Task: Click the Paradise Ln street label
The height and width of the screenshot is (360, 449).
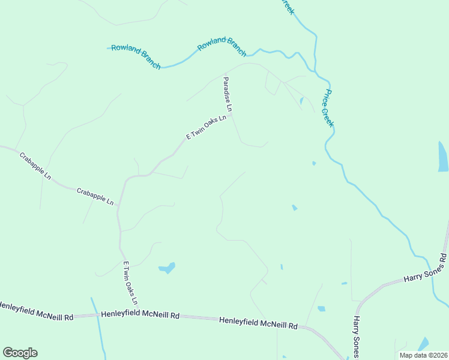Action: [228, 94]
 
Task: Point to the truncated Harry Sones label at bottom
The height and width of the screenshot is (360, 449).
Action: [357, 337]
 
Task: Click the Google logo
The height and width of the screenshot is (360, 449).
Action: [20, 353]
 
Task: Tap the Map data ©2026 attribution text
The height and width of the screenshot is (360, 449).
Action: [423, 355]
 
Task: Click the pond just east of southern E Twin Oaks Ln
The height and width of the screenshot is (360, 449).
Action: [167, 268]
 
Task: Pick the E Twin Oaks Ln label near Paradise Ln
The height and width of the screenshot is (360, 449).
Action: [206, 127]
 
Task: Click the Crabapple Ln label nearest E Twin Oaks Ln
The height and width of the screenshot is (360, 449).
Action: [95, 197]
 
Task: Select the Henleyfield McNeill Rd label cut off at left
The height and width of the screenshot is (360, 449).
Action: [36, 313]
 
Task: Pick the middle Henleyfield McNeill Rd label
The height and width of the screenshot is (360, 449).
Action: [140, 315]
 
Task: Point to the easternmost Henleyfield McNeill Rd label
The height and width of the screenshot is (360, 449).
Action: [258, 323]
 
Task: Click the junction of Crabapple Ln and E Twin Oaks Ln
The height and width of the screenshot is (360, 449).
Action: [118, 206]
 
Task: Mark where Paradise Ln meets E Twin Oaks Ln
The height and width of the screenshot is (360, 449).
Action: [232, 114]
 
